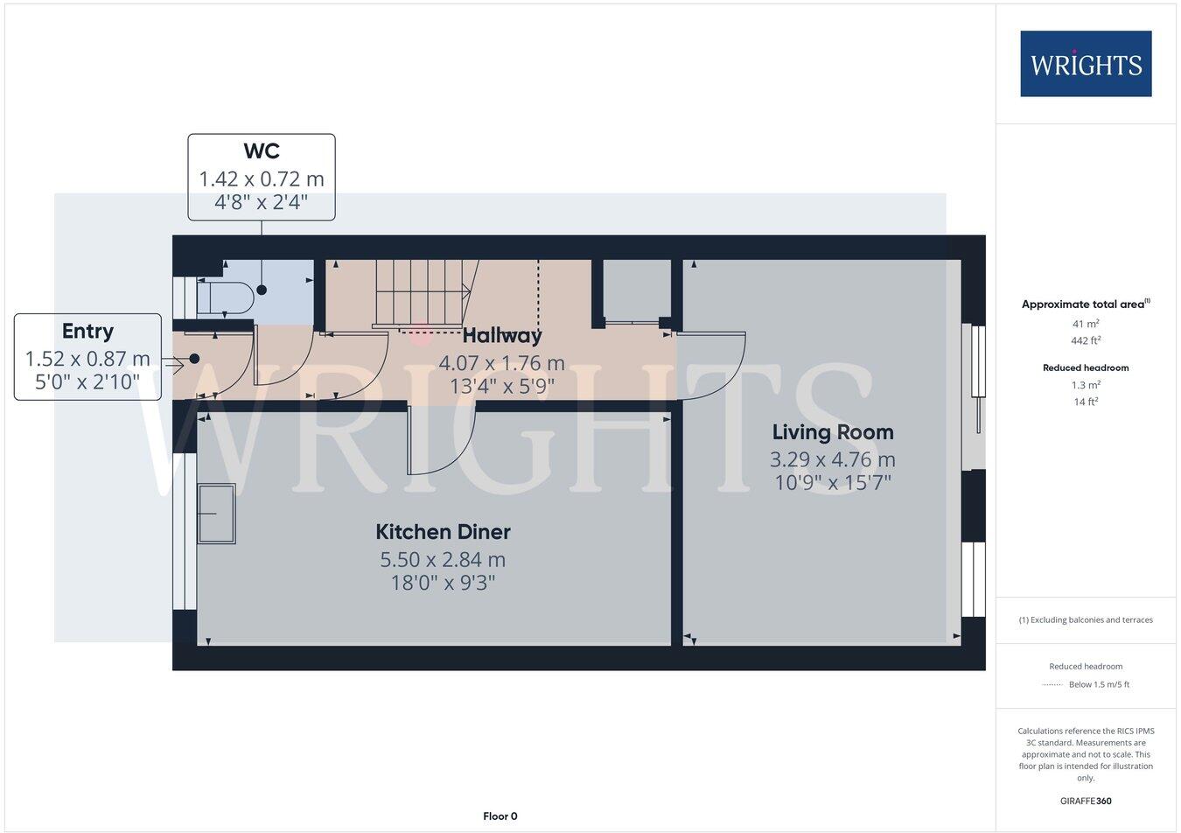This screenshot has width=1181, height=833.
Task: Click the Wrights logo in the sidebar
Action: (1086, 64)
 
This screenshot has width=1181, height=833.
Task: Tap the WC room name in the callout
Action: (262, 151)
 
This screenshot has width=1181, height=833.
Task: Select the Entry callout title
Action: (87, 332)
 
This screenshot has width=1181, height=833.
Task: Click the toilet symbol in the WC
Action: (226, 298)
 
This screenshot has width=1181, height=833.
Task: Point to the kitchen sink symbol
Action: (216, 514)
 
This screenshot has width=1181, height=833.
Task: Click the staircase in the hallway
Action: (420, 292)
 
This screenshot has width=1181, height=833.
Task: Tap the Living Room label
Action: (832, 432)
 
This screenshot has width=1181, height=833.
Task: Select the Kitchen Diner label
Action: (443, 532)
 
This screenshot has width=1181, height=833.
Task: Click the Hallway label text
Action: (501, 335)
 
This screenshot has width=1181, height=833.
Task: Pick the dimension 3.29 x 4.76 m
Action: (832, 459)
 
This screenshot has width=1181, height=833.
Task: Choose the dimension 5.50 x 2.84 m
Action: (443, 559)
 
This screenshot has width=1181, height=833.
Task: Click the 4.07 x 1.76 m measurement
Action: (501, 362)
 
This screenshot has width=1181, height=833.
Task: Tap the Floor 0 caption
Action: (500, 816)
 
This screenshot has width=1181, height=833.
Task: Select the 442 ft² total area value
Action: (1086, 341)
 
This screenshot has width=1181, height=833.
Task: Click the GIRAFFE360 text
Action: (1086, 801)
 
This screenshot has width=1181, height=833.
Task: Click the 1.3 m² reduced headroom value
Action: (1086, 385)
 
